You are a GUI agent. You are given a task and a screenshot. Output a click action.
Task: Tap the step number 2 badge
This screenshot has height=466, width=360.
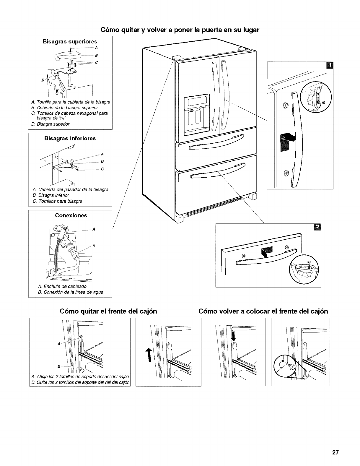click(317, 227)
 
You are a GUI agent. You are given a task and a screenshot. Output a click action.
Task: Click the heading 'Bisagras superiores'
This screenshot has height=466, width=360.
click(70, 41)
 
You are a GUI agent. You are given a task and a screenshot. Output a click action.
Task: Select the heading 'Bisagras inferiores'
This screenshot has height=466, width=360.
click(70, 138)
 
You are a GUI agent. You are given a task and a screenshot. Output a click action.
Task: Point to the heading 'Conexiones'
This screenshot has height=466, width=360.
click(71, 215)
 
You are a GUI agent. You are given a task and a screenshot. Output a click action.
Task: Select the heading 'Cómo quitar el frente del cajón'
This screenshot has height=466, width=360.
click(108, 311)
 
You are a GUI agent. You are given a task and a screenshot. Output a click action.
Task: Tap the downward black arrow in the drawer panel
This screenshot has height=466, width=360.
click(234, 336)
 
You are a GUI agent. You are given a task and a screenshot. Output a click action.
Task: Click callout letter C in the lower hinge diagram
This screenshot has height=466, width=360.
click(102, 169)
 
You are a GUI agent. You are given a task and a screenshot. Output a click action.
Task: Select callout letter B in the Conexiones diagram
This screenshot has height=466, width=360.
click(93, 246)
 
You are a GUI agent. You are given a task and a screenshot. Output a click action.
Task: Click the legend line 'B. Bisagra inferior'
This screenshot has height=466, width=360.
click(50, 195)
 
